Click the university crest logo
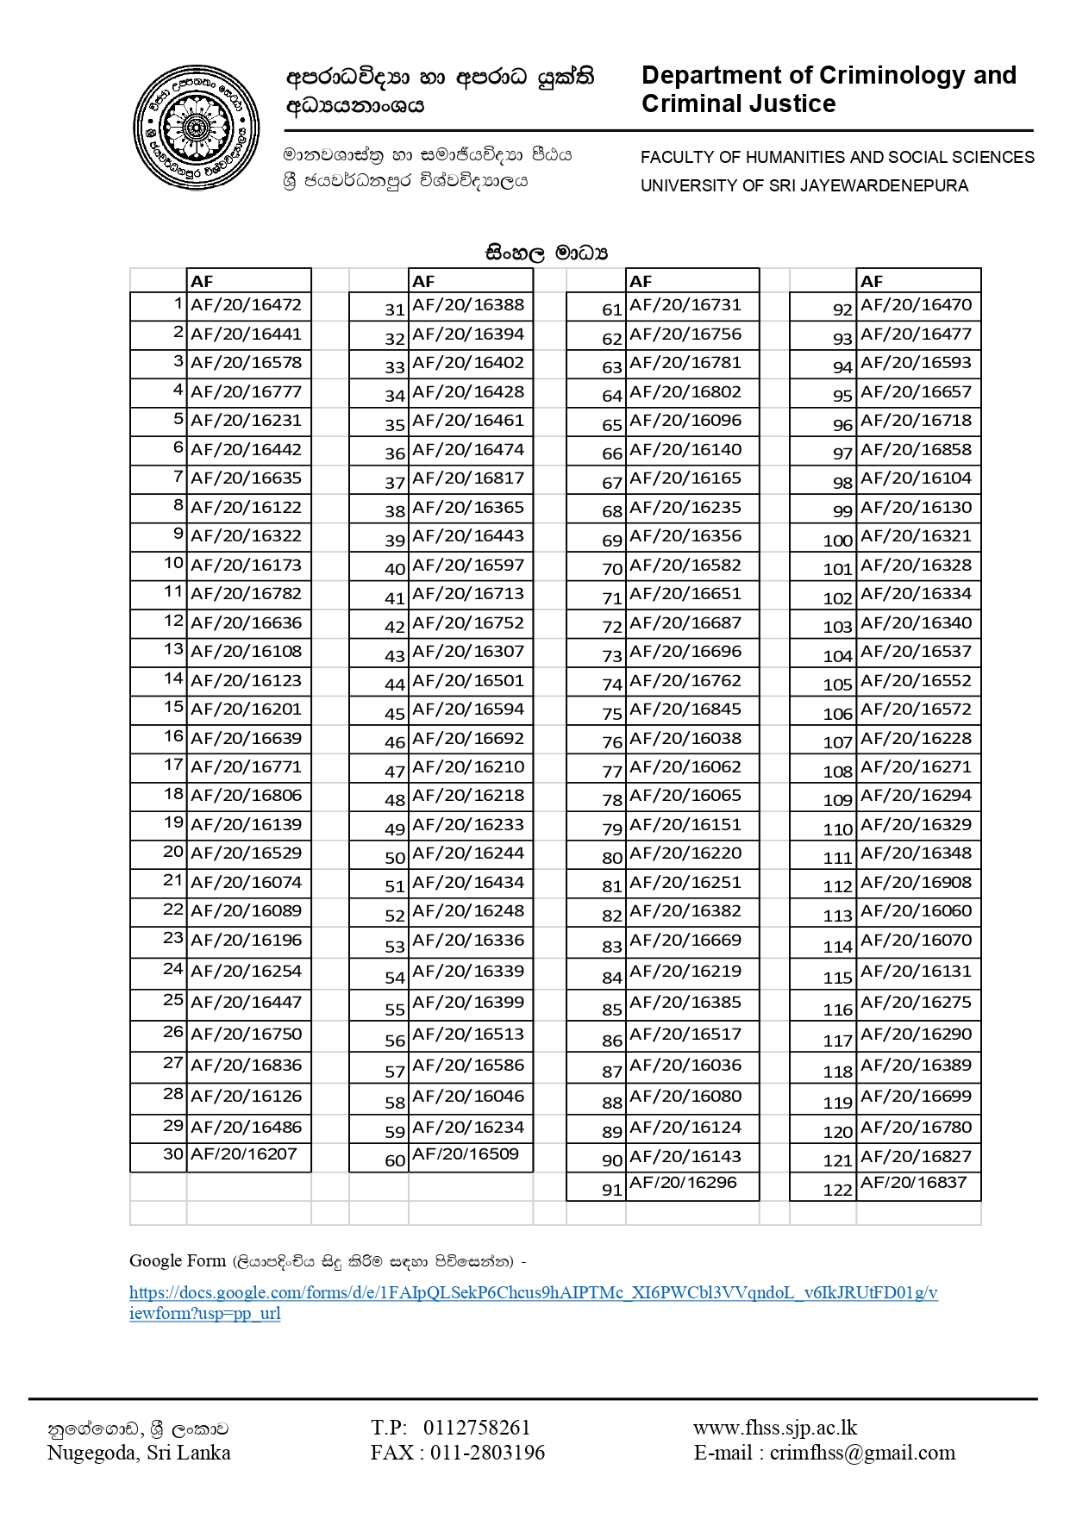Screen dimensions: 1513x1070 [197, 128]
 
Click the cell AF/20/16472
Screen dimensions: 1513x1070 [247, 305]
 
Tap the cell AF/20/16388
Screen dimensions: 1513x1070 [468, 305]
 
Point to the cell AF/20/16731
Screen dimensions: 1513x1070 [685, 305]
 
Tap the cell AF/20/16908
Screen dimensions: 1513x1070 [916, 883]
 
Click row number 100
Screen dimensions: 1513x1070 [837, 541]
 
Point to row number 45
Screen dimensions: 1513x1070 [395, 715]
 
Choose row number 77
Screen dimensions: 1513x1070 [612, 772]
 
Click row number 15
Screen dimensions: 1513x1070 [174, 707]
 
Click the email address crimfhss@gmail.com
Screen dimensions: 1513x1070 [862, 1454]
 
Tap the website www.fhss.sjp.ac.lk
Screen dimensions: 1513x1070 [775, 1429]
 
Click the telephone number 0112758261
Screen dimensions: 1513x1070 [477, 1429]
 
